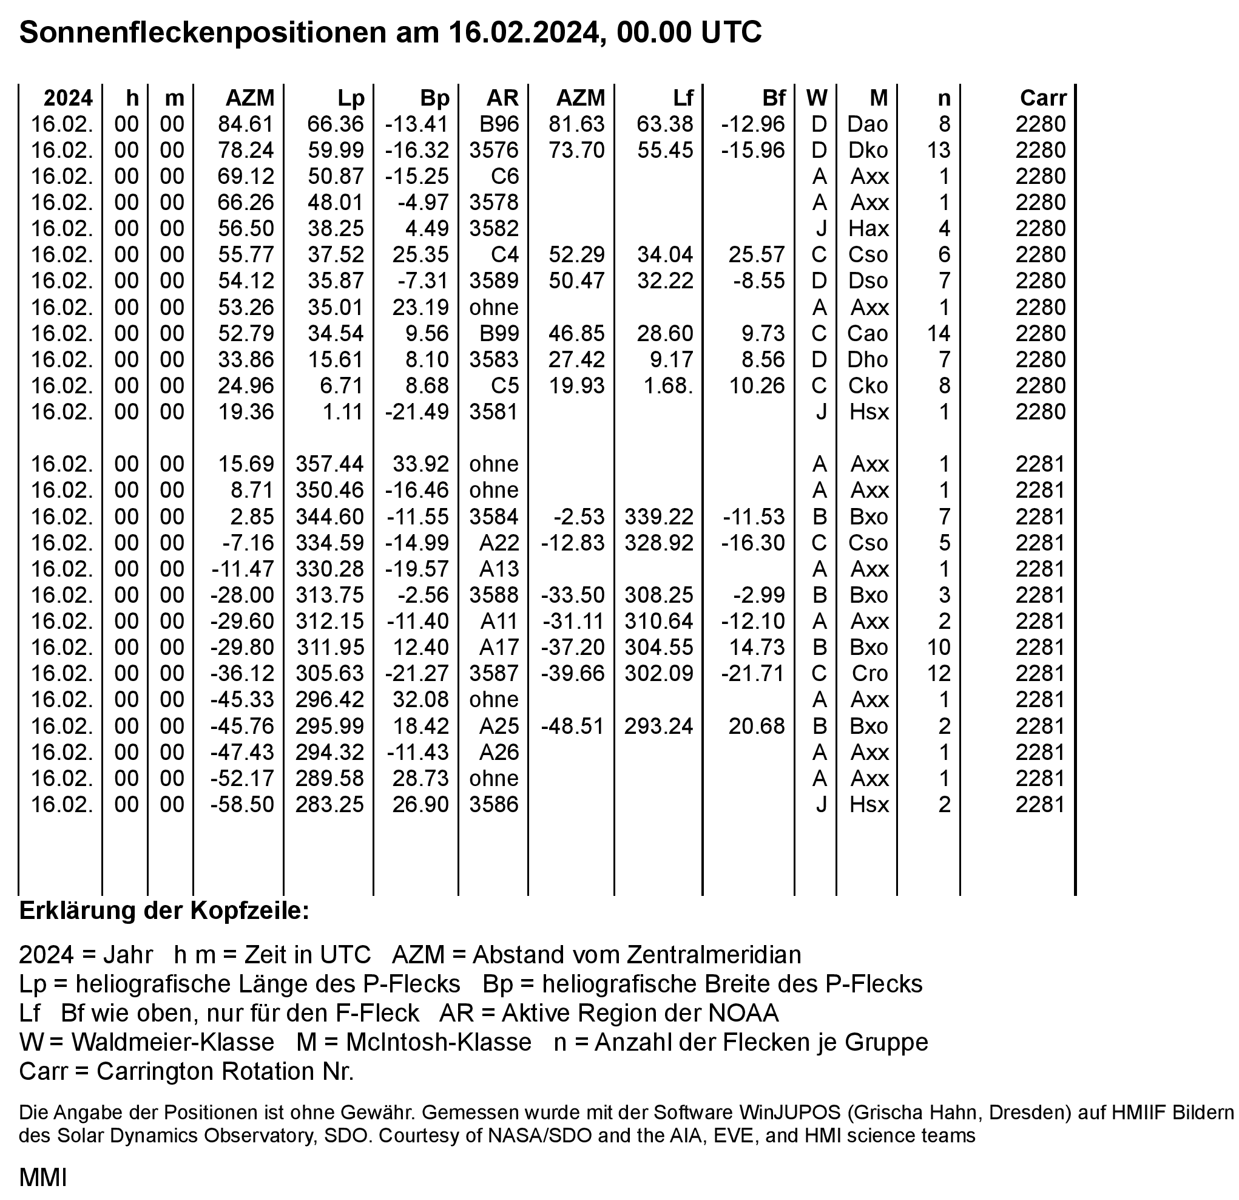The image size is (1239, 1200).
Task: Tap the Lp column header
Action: pos(350,98)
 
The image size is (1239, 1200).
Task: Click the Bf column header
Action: pos(773,98)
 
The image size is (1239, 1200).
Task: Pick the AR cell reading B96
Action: pos(499,124)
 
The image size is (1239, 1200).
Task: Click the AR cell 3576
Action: pos(494,151)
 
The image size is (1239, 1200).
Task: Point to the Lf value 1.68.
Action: pos(667,385)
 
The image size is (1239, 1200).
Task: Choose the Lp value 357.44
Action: pos(329,464)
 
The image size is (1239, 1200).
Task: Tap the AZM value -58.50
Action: pos(243,804)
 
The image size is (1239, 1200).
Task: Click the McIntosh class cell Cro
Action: pos(870,673)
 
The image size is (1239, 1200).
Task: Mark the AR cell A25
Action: pos(499,726)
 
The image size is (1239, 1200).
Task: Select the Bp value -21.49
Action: pos(417,412)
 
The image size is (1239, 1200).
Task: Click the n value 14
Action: pos(939,333)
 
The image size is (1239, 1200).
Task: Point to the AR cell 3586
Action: pos(494,804)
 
